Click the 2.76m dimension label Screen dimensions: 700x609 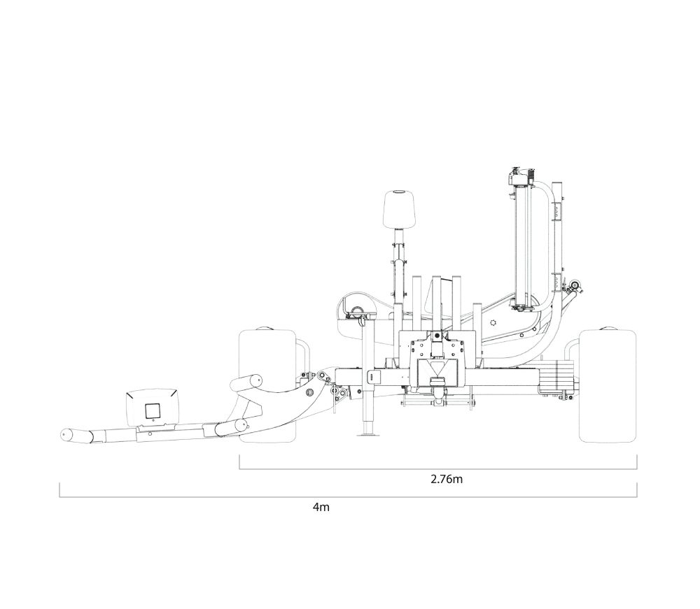click(x=447, y=479)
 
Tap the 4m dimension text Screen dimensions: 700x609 click(x=321, y=507)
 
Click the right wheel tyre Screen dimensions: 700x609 click(x=608, y=386)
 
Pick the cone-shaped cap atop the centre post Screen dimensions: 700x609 click(x=400, y=208)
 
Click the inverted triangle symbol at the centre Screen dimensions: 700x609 click(x=437, y=368)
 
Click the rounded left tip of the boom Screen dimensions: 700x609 click(x=66, y=436)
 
